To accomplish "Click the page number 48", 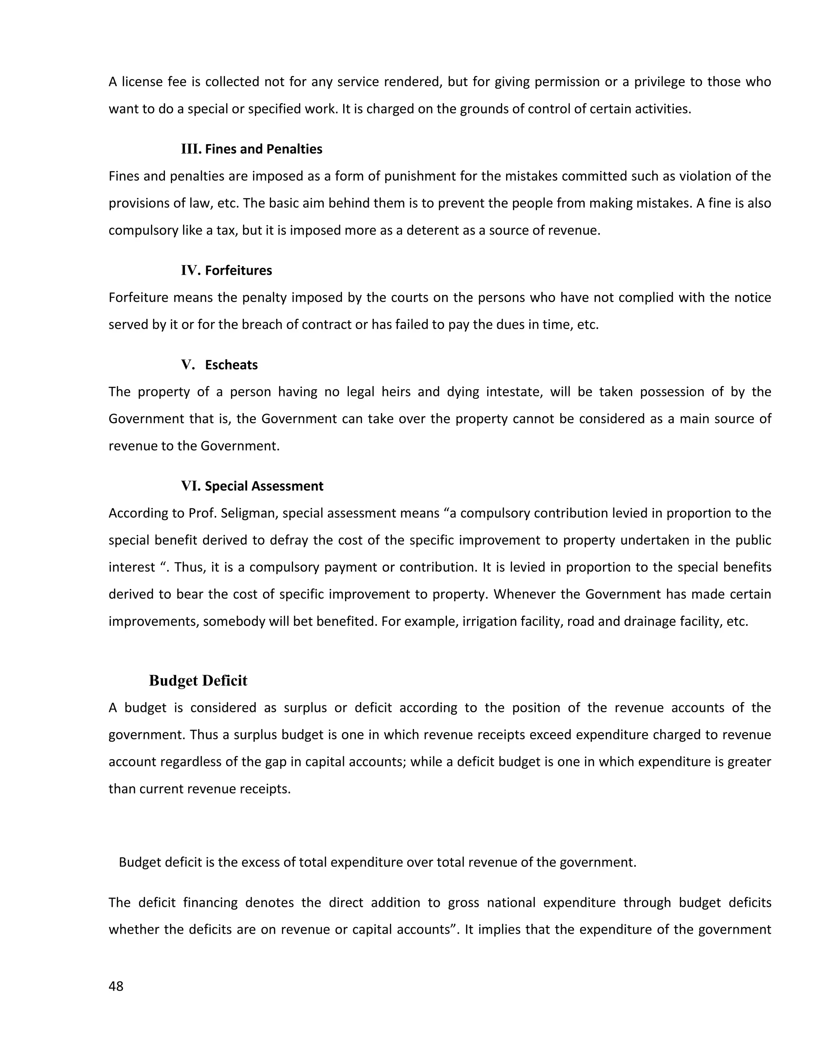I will click(x=116, y=986).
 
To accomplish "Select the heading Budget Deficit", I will click(x=198, y=681).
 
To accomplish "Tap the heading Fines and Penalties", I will click(x=263, y=149).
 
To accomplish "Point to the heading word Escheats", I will click(x=231, y=365).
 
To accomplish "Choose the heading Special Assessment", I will click(x=264, y=486).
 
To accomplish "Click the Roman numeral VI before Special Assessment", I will click(x=191, y=486).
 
